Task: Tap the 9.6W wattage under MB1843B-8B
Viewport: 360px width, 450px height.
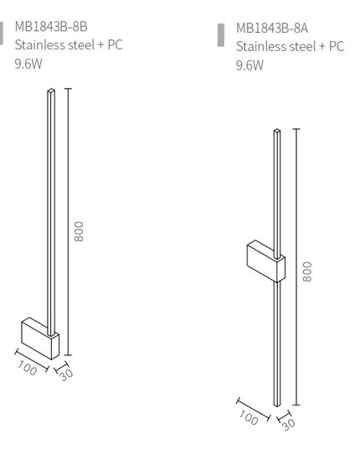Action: click(30, 63)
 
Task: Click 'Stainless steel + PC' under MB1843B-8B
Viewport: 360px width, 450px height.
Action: click(69, 44)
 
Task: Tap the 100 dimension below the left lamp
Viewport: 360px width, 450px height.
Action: click(28, 365)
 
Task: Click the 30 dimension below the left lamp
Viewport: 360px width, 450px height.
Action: click(66, 372)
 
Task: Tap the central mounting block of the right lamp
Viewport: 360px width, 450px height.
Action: click(265, 261)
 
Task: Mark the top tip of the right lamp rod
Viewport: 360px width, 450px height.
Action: click(276, 132)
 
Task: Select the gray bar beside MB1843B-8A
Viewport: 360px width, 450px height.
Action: click(221, 33)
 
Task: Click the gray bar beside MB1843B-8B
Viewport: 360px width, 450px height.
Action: click(2, 31)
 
